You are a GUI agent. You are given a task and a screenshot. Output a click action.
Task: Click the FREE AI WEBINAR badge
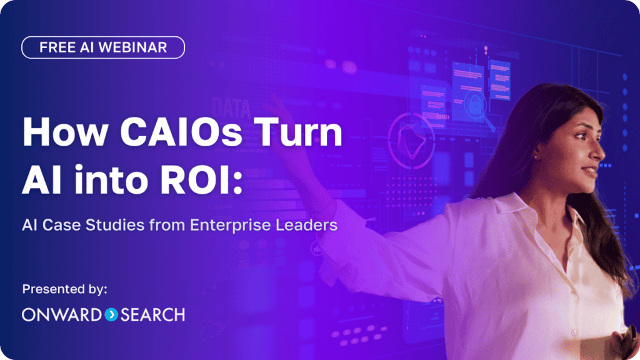(103, 47)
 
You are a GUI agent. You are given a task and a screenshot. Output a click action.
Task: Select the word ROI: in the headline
(202, 180)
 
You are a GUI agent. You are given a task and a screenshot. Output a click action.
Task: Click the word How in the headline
(57, 133)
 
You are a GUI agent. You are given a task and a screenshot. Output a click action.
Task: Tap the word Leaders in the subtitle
(310, 224)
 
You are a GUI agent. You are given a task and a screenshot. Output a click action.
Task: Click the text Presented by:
(65, 289)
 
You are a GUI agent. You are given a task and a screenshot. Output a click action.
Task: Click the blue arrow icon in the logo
(111, 314)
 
